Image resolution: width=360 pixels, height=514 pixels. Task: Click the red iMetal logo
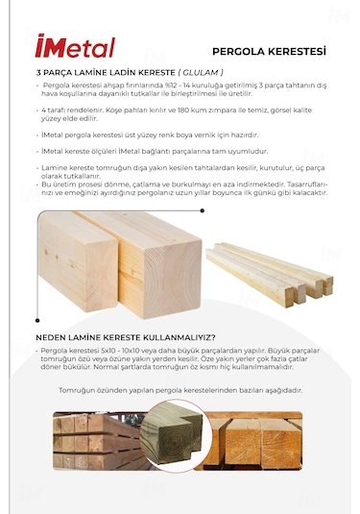pyautogui.click(x=74, y=47)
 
